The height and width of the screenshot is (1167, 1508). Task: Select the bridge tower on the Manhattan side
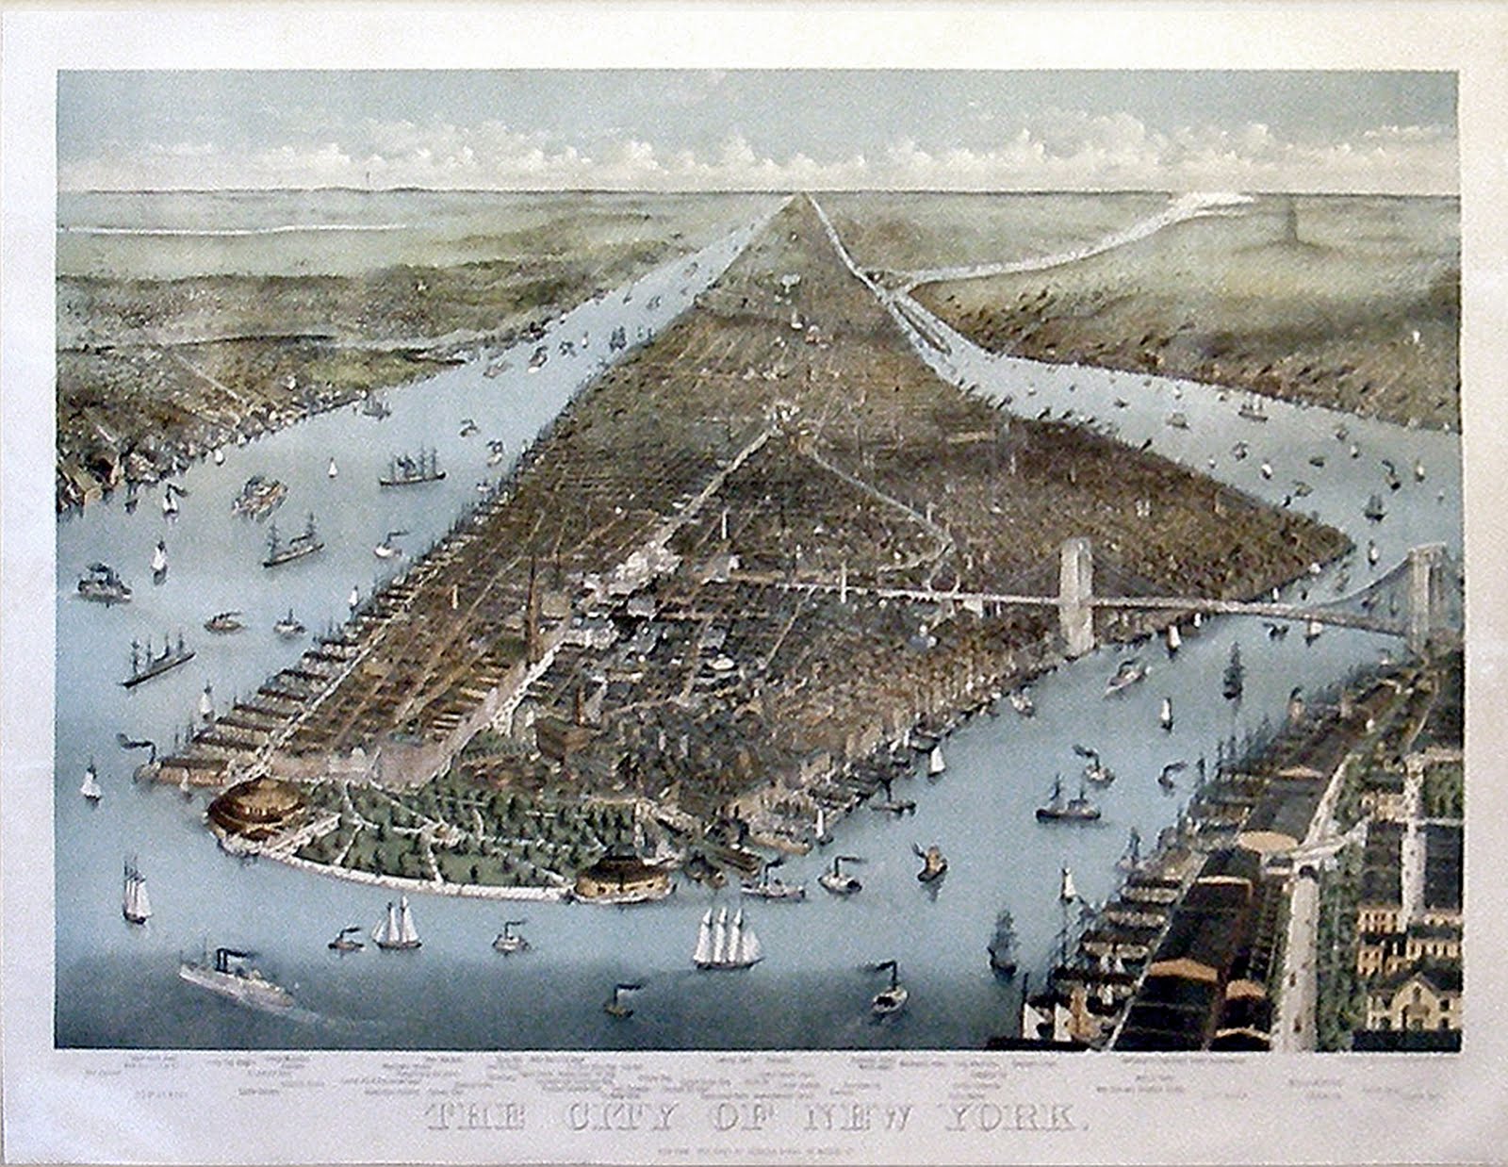pyautogui.click(x=1076, y=594)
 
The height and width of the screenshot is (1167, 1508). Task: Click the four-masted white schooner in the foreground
pyautogui.click(x=726, y=938)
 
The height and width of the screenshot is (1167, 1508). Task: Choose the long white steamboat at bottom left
pyautogui.click(x=236, y=980)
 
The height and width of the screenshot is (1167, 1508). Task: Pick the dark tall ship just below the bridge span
pyautogui.click(x=1233, y=671)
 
